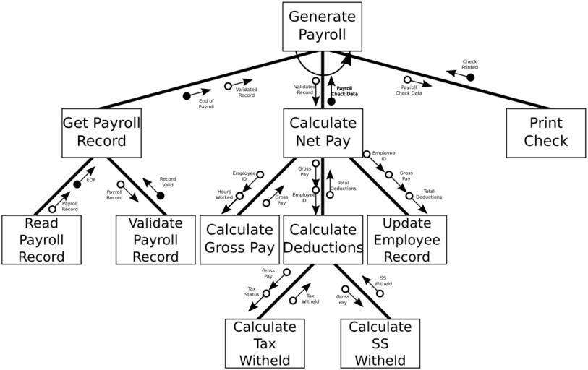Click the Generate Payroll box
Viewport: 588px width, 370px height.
(321, 26)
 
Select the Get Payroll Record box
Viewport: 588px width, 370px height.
(101, 132)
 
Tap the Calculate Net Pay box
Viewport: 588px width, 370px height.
(323, 132)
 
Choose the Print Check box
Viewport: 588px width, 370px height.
(545, 132)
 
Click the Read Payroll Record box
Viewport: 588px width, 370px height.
(41, 239)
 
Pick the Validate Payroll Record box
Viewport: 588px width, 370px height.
(155, 239)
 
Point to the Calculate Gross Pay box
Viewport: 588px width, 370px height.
(239, 239)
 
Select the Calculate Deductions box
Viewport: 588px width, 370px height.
(323, 239)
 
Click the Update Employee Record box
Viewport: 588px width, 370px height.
(406, 239)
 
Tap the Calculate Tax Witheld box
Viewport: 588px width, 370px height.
(265, 343)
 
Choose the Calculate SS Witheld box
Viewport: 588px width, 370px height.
(380, 343)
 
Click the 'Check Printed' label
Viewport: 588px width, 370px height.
(469, 64)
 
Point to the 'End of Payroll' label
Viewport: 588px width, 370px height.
(206, 103)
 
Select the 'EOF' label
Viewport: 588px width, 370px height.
(91, 180)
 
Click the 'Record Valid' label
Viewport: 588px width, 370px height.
(168, 181)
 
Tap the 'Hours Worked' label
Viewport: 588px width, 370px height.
(224, 194)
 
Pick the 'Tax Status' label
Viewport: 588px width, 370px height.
(252, 291)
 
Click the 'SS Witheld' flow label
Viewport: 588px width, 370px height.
(384, 281)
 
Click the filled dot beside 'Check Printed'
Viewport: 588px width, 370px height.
(470, 77)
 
